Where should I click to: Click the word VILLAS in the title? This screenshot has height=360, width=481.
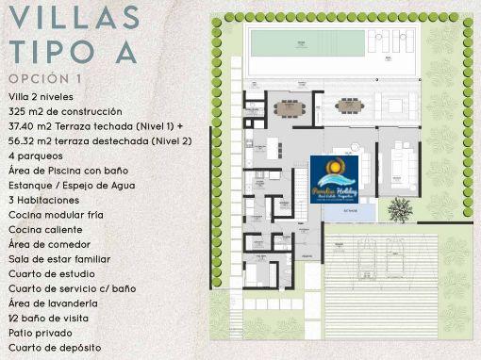pyautogui.click(x=74, y=18)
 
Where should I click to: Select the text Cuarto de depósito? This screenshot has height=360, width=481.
pyautogui.click(x=55, y=348)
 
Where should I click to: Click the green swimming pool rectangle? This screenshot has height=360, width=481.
pyautogui.click(x=306, y=42)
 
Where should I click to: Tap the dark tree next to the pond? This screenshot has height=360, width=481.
pyautogui.click(x=401, y=208)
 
